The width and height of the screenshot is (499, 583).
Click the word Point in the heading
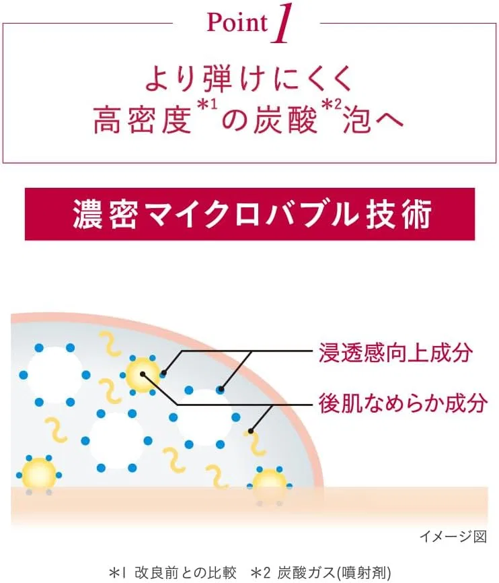pyautogui.click(x=237, y=23)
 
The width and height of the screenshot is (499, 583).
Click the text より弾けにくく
pyautogui.click(x=249, y=79)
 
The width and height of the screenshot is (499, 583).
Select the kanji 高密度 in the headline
pyautogui.click(x=143, y=120)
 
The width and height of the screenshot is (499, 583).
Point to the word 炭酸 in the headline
pyautogui.click(x=284, y=120)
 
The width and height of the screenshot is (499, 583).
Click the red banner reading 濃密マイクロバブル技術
pyautogui.click(x=249, y=214)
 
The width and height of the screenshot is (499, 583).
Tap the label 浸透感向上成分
pyautogui.click(x=395, y=353)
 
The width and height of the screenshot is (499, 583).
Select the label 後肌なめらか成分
pyautogui.click(x=403, y=403)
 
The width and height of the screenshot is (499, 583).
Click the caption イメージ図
pyautogui.click(x=453, y=536)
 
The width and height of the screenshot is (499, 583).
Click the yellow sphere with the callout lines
pyautogui.click(x=143, y=374)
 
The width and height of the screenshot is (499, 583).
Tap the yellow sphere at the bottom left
pyautogui.click(x=38, y=475)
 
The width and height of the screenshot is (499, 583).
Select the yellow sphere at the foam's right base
pyautogui.click(x=270, y=485)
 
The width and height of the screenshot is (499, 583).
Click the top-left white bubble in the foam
pyautogui.click(x=54, y=374)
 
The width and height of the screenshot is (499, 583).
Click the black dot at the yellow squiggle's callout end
pyautogui.click(x=251, y=432)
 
